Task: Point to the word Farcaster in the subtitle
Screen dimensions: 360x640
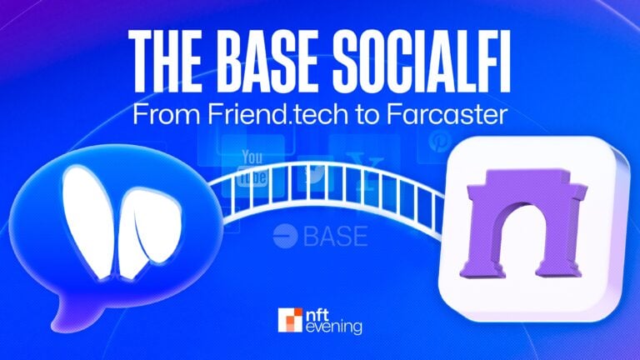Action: tap(448, 116)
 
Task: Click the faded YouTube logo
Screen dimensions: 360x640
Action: tap(252, 167)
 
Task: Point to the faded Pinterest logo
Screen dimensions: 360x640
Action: tap(437, 142)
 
